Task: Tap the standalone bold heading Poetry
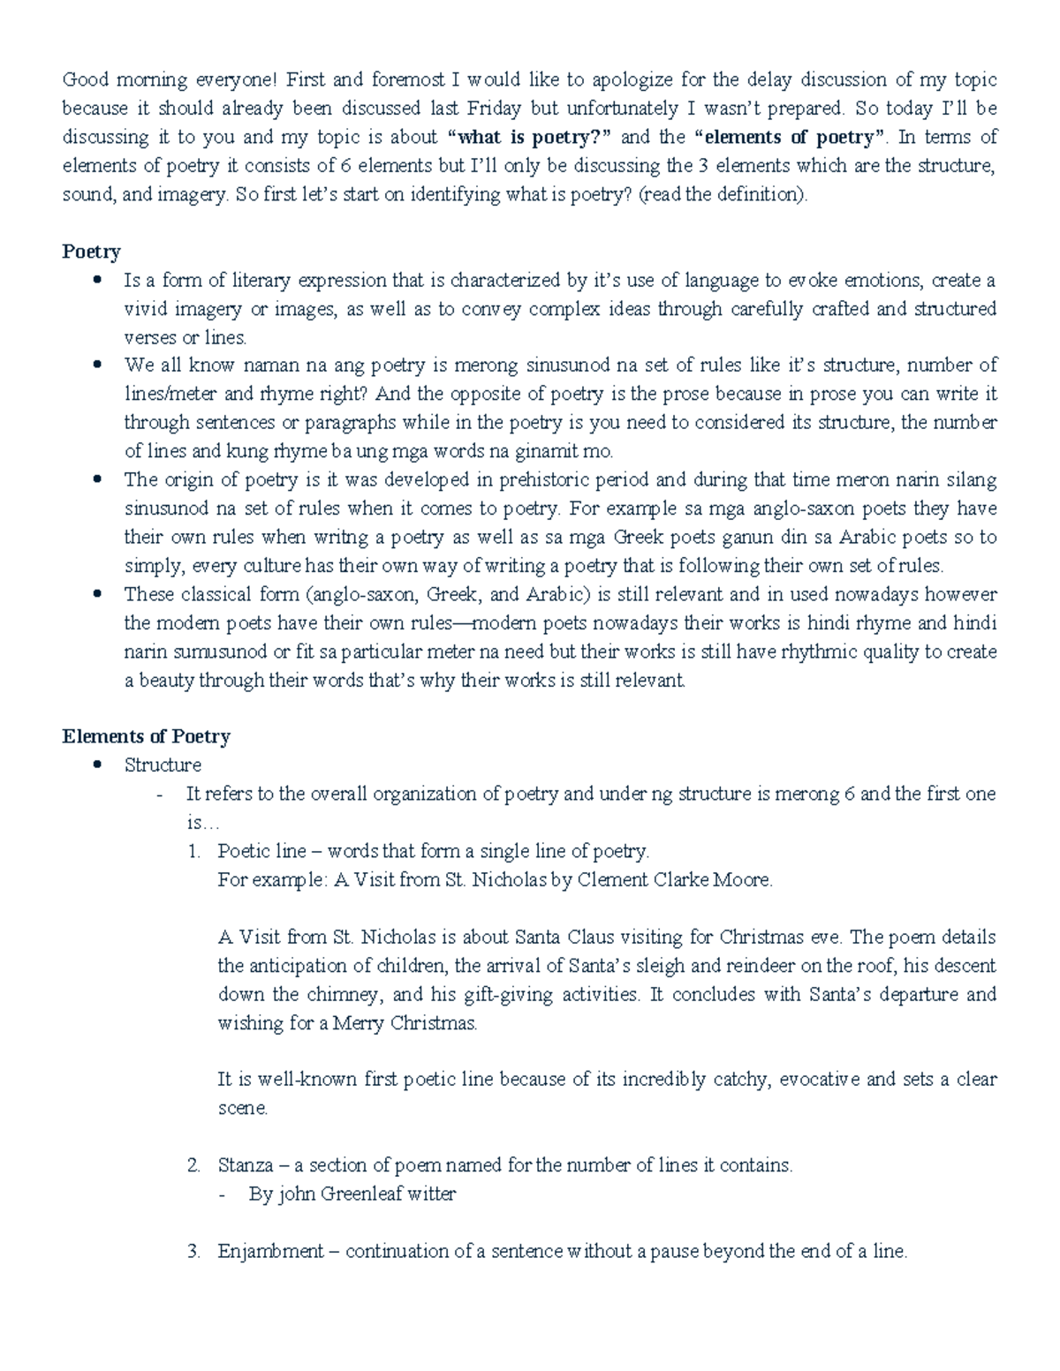(91, 252)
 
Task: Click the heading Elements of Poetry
(146, 736)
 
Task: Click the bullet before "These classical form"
(98, 594)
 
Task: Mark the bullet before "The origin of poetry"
(98, 479)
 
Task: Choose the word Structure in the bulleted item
(163, 765)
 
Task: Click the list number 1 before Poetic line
(193, 851)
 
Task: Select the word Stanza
(246, 1165)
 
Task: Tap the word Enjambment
(270, 1251)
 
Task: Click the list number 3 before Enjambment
(193, 1251)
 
